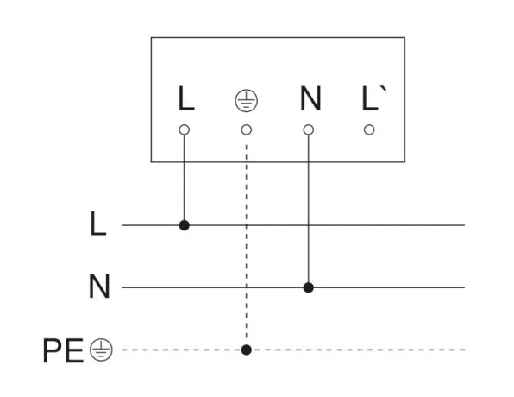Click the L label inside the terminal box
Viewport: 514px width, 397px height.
(x=186, y=98)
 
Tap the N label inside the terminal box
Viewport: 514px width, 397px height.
(x=310, y=98)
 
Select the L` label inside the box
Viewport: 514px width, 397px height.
(x=374, y=98)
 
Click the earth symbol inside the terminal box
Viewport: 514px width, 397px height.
(x=247, y=100)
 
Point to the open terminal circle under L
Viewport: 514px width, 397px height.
(x=185, y=130)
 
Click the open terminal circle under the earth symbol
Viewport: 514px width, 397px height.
(x=247, y=130)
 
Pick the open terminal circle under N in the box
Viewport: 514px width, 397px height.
(x=309, y=130)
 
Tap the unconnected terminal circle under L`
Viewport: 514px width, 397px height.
(x=369, y=130)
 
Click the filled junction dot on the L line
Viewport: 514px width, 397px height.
(x=185, y=225)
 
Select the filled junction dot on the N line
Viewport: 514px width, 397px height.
(x=309, y=287)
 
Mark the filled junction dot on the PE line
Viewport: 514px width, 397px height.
(x=247, y=350)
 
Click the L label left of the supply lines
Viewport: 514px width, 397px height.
(x=98, y=224)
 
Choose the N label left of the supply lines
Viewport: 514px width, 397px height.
(x=99, y=286)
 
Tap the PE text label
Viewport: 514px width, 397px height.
(x=63, y=350)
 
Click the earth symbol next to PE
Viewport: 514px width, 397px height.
(x=101, y=350)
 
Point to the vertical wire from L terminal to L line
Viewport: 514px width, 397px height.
(x=185, y=178)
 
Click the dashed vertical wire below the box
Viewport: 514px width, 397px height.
(x=247, y=244)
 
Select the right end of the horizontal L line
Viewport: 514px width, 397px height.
(x=465, y=225)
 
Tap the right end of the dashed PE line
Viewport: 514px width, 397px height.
(x=465, y=350)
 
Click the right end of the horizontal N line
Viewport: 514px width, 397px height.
(x=465, y=287)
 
